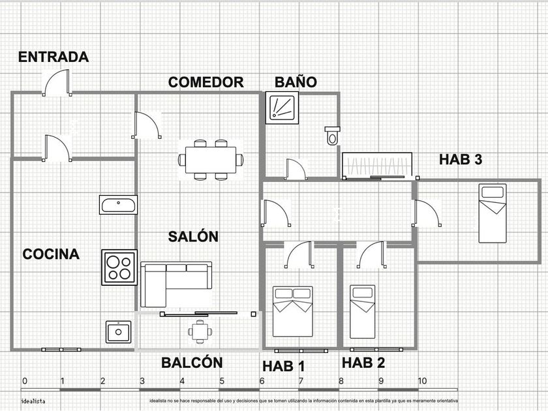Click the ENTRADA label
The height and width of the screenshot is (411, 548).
pyautogui.click(x=53, y=57)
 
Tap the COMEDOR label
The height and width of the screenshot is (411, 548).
pyautogui.click(x=205, y=82)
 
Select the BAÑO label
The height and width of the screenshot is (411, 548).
pyautogui.click(x=296, y=82)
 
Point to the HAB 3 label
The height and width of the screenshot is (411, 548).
pyautogui.click(x=461, y=159)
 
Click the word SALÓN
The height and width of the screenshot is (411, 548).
pyautogui.click(x=192, y=237)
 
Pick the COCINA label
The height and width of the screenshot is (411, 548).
pyautogui.click(x=51, y=254)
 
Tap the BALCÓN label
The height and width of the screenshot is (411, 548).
pyautogui.click(x=192, y=363)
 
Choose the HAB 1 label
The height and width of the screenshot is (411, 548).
pyautogui.click(x=284, y=365)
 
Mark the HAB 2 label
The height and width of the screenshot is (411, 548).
pyautogui.click(x=363, y=363)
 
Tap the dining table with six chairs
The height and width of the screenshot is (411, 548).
pyautogui.click(x=211, y=159)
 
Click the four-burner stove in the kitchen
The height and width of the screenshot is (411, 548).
pyautogui.click(x=119, y=267)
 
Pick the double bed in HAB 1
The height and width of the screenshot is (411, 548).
pyautogui.click(x=292, y=311)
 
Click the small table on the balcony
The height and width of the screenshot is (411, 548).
pyautogui.click(x=200, y=331)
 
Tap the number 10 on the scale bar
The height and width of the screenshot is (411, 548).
pyautogui.click(x=422, y=381)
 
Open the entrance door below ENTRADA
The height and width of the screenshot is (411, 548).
pyautogui.click(x=56, y=83)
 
